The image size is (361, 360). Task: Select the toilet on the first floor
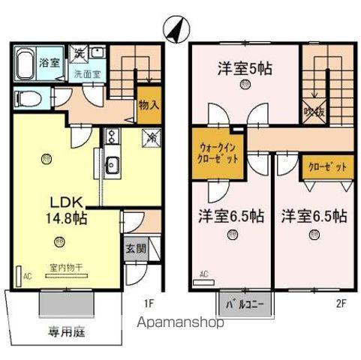click(x=27, y=98)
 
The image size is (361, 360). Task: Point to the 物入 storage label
click(x=149, y=106)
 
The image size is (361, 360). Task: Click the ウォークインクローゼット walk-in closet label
click(x=220, y=154)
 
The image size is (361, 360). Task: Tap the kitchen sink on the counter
click(x=113, y=165)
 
